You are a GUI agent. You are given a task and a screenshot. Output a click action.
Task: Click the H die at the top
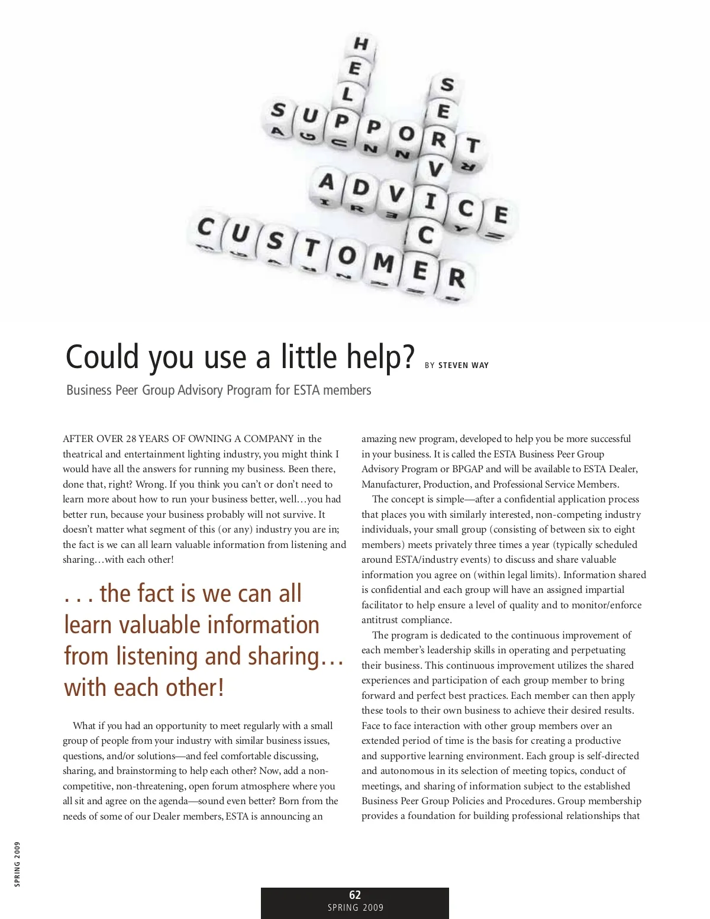(360, 44)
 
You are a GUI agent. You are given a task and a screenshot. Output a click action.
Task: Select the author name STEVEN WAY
(463, 365)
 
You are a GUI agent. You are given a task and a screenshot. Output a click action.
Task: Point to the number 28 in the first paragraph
(131, 438)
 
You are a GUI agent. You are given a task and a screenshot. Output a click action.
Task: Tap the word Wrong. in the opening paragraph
(151, 484)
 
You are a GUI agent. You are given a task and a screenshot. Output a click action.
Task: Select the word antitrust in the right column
(380, 620)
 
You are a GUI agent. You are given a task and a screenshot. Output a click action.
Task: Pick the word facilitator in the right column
(383, 605)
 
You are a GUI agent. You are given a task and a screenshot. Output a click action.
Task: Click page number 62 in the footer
(355, 895)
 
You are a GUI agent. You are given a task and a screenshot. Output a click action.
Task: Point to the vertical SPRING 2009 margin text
(17, 864)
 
